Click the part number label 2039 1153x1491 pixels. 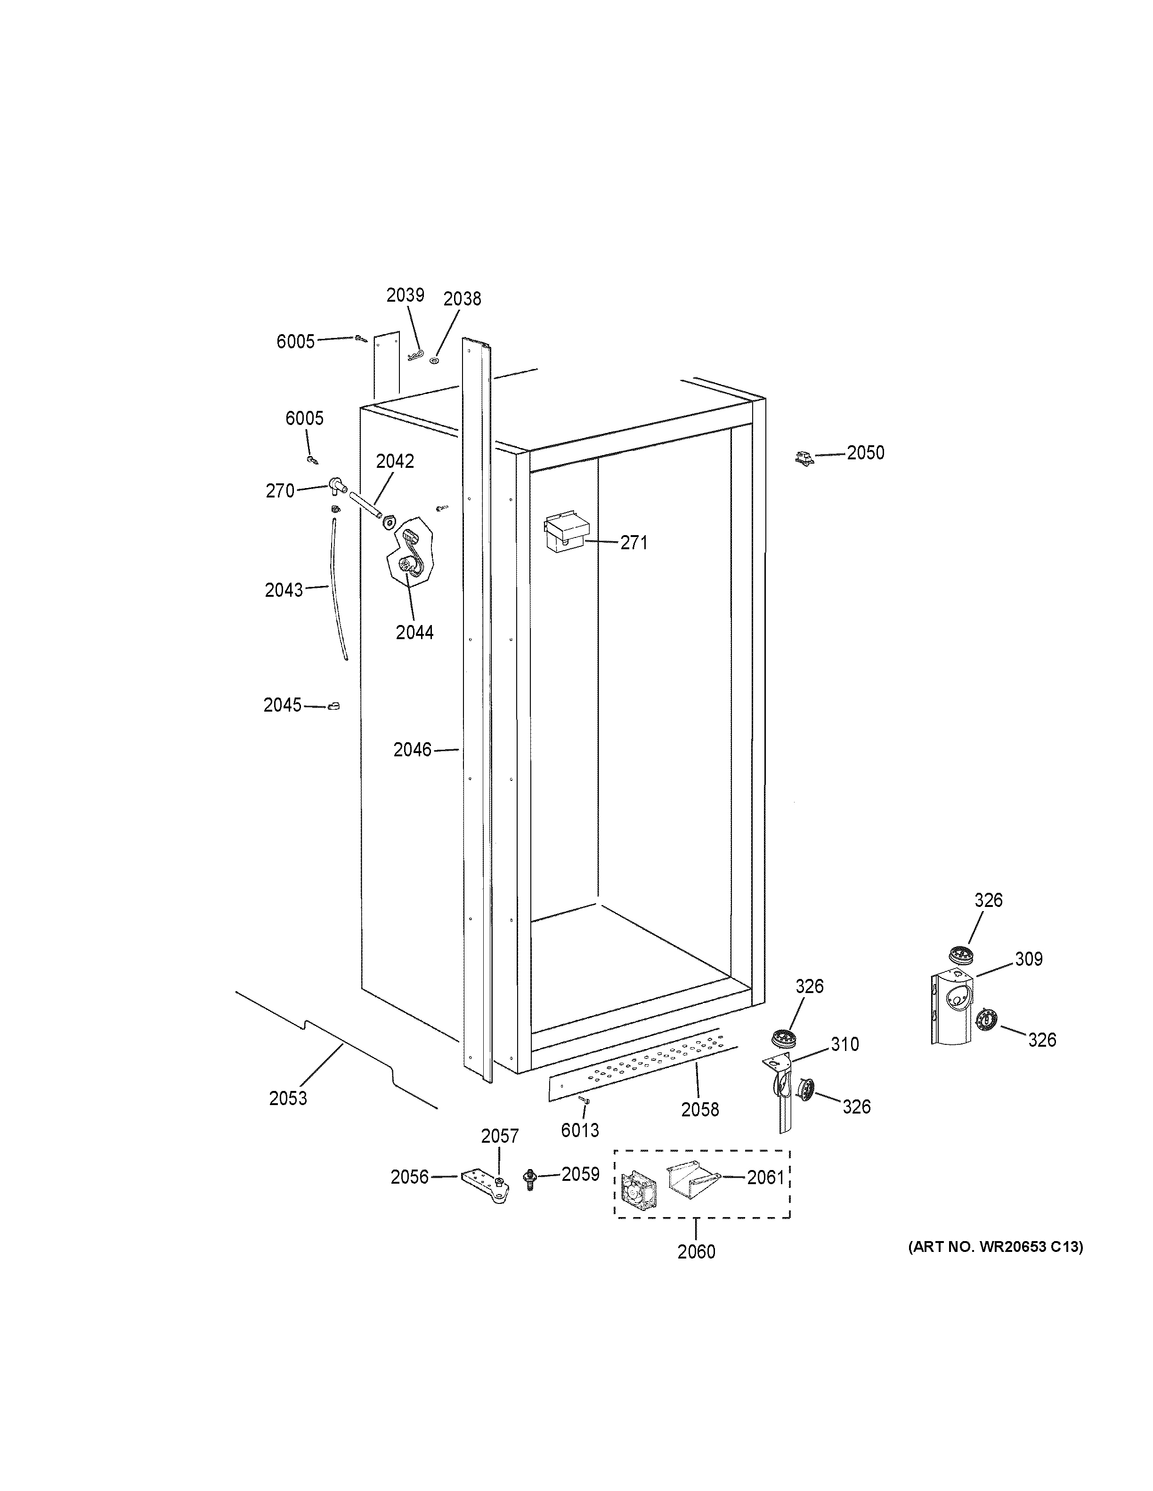(x=405, y=295)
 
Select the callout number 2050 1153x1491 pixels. (x=865, y=453)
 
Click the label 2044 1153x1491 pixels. (x=414, y=633)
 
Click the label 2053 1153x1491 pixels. (x=288, y=1098)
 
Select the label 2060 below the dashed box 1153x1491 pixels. (x=696, y=1251)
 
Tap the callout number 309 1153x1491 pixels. (x=1028, y=959)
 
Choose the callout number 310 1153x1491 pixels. (x=844, y=1044)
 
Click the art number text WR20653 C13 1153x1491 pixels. (x=995, y=1247)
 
